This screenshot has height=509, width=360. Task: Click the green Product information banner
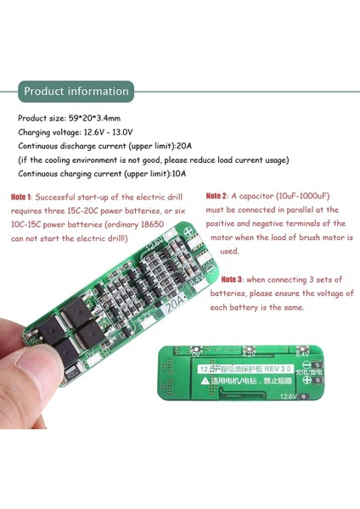[x=76, y=91]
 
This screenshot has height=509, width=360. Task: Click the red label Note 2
[x=217, y=196]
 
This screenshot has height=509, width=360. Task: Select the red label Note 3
[x=232, y=278]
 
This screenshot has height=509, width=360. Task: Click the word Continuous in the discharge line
[x=41, y=146]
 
